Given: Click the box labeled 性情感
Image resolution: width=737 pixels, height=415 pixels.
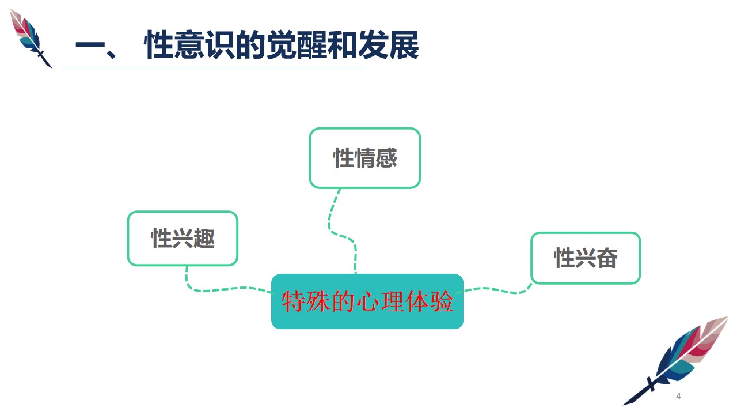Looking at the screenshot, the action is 365,158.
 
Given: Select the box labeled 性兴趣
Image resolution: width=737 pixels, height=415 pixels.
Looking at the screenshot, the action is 183,238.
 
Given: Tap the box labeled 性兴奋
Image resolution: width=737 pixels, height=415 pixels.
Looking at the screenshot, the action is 586,258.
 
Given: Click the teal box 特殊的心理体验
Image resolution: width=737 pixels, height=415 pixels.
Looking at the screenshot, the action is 367,301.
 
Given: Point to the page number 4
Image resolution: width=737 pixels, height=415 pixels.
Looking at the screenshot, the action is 678,396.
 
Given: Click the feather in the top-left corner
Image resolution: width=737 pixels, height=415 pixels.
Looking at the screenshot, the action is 31,38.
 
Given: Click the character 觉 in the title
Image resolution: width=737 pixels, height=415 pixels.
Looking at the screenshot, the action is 282,45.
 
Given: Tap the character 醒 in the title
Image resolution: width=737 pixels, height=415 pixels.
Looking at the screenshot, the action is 312,45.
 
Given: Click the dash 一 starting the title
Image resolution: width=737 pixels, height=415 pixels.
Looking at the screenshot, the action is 90,45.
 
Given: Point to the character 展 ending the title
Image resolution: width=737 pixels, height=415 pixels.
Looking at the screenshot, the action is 404,45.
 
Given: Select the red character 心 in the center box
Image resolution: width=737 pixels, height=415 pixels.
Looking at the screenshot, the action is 367,301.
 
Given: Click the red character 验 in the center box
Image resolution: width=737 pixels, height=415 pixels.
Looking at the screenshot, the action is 442,301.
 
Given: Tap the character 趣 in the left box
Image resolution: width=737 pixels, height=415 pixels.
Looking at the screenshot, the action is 204,238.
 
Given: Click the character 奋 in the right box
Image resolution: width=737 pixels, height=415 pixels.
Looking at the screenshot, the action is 607,258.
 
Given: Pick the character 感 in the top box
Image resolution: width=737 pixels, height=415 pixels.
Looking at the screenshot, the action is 386,158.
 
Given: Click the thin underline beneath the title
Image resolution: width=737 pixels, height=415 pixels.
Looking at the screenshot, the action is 211,69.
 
